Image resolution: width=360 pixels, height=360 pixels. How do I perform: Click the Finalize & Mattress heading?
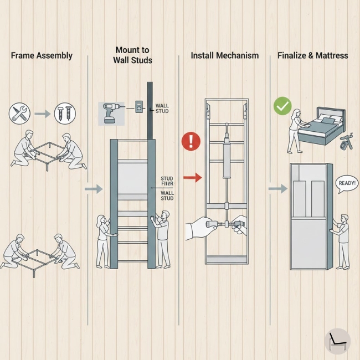pyautogui.click(x=312, y=56)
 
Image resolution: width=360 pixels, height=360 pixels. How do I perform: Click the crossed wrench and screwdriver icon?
pyautogui.click(x=19, y=114)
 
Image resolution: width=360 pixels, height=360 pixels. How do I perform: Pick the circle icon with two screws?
pyautogui.click(x=65, y=114)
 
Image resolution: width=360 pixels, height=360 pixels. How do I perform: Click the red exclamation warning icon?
pyautogui.click(x=191, y=141)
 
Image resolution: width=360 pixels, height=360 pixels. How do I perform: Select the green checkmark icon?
pyautogui.click(x=282, y=105)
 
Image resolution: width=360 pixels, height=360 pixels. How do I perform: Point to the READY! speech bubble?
pyautogui.click(x=347, y=183)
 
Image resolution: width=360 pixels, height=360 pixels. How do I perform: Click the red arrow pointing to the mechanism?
pyautogui.click(x=192, y=178)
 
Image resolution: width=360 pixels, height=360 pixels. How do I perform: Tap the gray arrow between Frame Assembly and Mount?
pyautogui.click(x=94, y=189)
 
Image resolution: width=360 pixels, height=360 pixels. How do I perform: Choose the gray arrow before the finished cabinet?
pyautogui.click(x=277, y=189)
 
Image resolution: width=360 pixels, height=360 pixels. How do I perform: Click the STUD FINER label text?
pyautogui.click(x=167, y=181)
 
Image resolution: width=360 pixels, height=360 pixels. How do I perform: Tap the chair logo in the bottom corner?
pyautogui.click(x=337, y=340)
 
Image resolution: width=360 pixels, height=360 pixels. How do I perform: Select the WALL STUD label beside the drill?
pyautogui.click(x=162, y=108)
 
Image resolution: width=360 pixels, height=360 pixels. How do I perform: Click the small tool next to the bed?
pyautogui.click(x=346, y=141)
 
